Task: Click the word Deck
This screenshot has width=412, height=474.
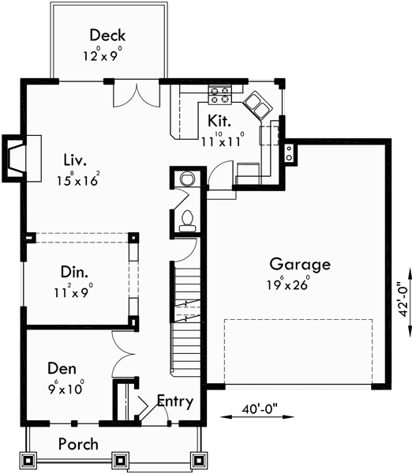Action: pos(107,36)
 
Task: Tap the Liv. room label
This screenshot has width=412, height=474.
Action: pos(77,160)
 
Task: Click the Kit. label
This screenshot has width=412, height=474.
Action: pos(219,121)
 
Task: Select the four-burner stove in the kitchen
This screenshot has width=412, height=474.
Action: pos(219,96)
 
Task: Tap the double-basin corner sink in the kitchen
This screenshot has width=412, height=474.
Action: pos(257,103)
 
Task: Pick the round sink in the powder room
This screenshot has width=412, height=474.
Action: pos(186,179)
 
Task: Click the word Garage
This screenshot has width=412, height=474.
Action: pos(299,264)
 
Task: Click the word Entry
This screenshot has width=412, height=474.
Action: pos(174,401)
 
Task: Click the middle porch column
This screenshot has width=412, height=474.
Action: pos(120,460)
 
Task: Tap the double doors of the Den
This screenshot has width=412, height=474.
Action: pos(124,348)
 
